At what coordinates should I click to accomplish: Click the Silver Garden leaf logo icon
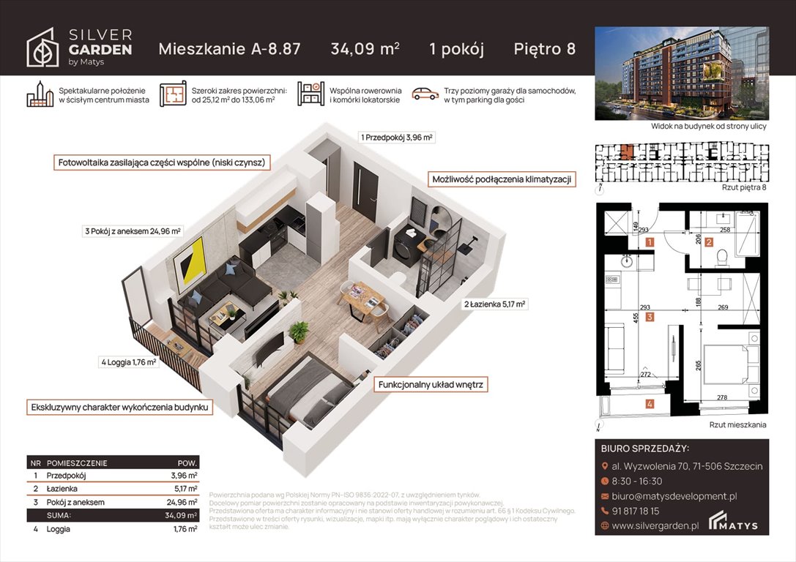click(43, 48)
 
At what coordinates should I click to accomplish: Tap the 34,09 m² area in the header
click(365, 49)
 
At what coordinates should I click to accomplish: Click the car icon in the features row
click(424, 94)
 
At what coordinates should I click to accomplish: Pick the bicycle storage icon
click(310, 94)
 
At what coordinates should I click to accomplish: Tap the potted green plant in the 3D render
click(299, 331)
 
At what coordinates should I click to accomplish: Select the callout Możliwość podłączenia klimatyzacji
click(501, 179)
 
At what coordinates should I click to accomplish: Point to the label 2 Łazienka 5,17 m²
click(494, 304)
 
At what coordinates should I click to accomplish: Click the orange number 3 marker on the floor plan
click(650, 317)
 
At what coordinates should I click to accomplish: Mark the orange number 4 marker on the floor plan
click(649, 403)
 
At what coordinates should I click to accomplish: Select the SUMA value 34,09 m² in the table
click(182, 515)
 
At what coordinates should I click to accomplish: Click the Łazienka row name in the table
click(62, 489)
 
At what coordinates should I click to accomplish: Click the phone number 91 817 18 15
click(636, 511)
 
